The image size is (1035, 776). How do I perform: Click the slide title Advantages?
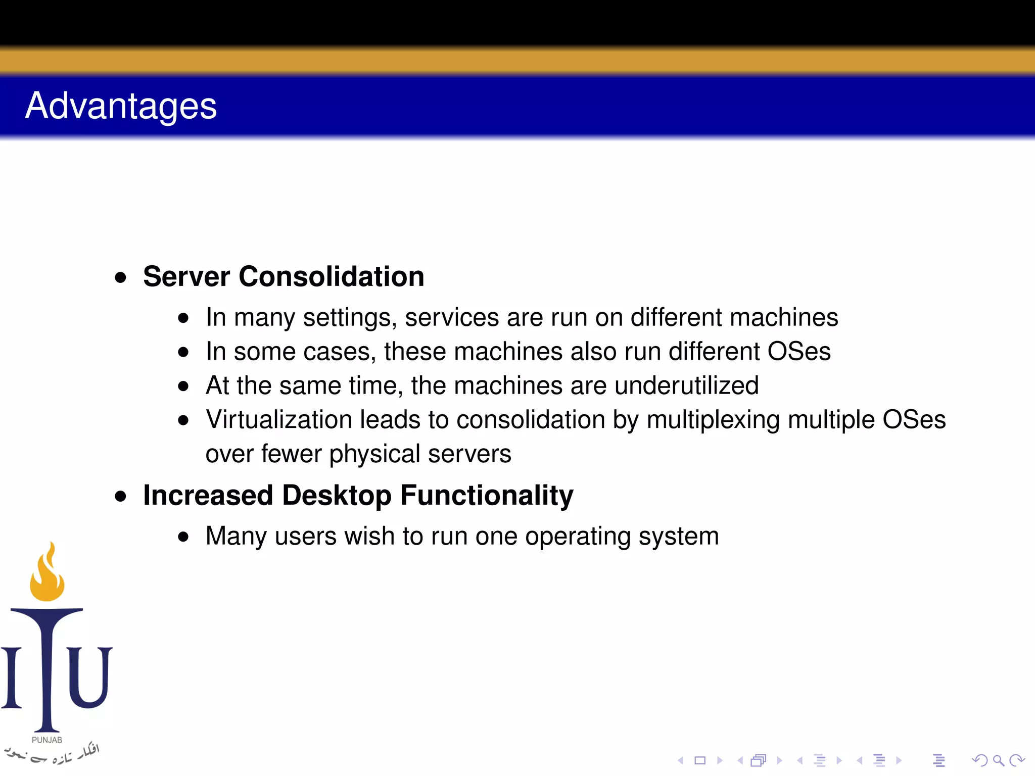click(121, 106)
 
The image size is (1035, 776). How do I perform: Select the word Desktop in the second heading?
click(337, 495)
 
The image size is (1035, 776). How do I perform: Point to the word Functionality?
click(487, 495)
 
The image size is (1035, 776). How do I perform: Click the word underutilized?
click(686, 385)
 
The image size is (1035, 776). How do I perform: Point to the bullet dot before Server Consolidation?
click(120, 277)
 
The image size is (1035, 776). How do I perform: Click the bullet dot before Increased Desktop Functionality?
click(120, 496)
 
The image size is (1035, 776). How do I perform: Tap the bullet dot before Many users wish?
click(183, 537)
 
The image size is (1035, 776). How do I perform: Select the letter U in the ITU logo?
click(89, 677)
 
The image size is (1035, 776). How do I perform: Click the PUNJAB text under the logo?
click(47, 740)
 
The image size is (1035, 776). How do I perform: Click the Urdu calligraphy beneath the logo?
click(51, 754)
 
